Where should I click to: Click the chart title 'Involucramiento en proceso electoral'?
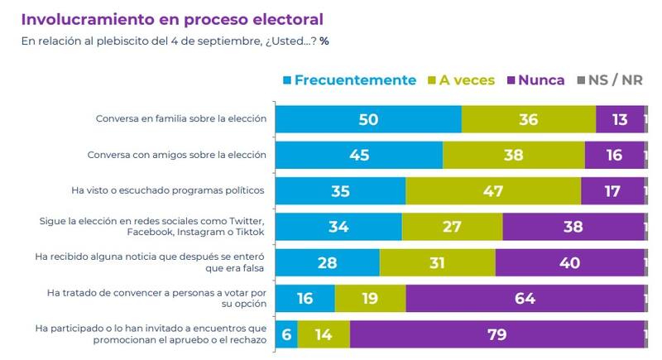[x=171, y=19]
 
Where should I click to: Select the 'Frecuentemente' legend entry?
[x=348, y=80]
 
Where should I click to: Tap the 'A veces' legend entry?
[x=461, y=80]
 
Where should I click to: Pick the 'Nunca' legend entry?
[x=535, y=80]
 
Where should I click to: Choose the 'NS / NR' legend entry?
[x=609, y=80]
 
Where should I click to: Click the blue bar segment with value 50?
[x=368, y=119]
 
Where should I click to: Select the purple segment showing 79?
[x=496, y=334]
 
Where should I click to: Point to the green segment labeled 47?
[x=493, y=190]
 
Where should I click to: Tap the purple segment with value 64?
[x=524, y=298]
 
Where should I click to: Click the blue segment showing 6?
[x=286, y=334]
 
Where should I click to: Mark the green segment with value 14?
[x=324, y=334]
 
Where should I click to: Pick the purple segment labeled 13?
[x=619, y=119]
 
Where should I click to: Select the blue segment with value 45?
[x=359, y=155]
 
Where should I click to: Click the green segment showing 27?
[x=452, y=226]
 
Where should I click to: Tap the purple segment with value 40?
[x=569, y=262]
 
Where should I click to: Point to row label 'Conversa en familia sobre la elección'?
[x=180, y=119]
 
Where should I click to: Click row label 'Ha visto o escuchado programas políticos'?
[x=169, y=190]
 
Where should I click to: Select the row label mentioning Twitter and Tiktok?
[x=152, y=226]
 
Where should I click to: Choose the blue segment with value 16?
[x=305, y=298]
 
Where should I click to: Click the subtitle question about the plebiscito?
[x=175, y=41]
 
